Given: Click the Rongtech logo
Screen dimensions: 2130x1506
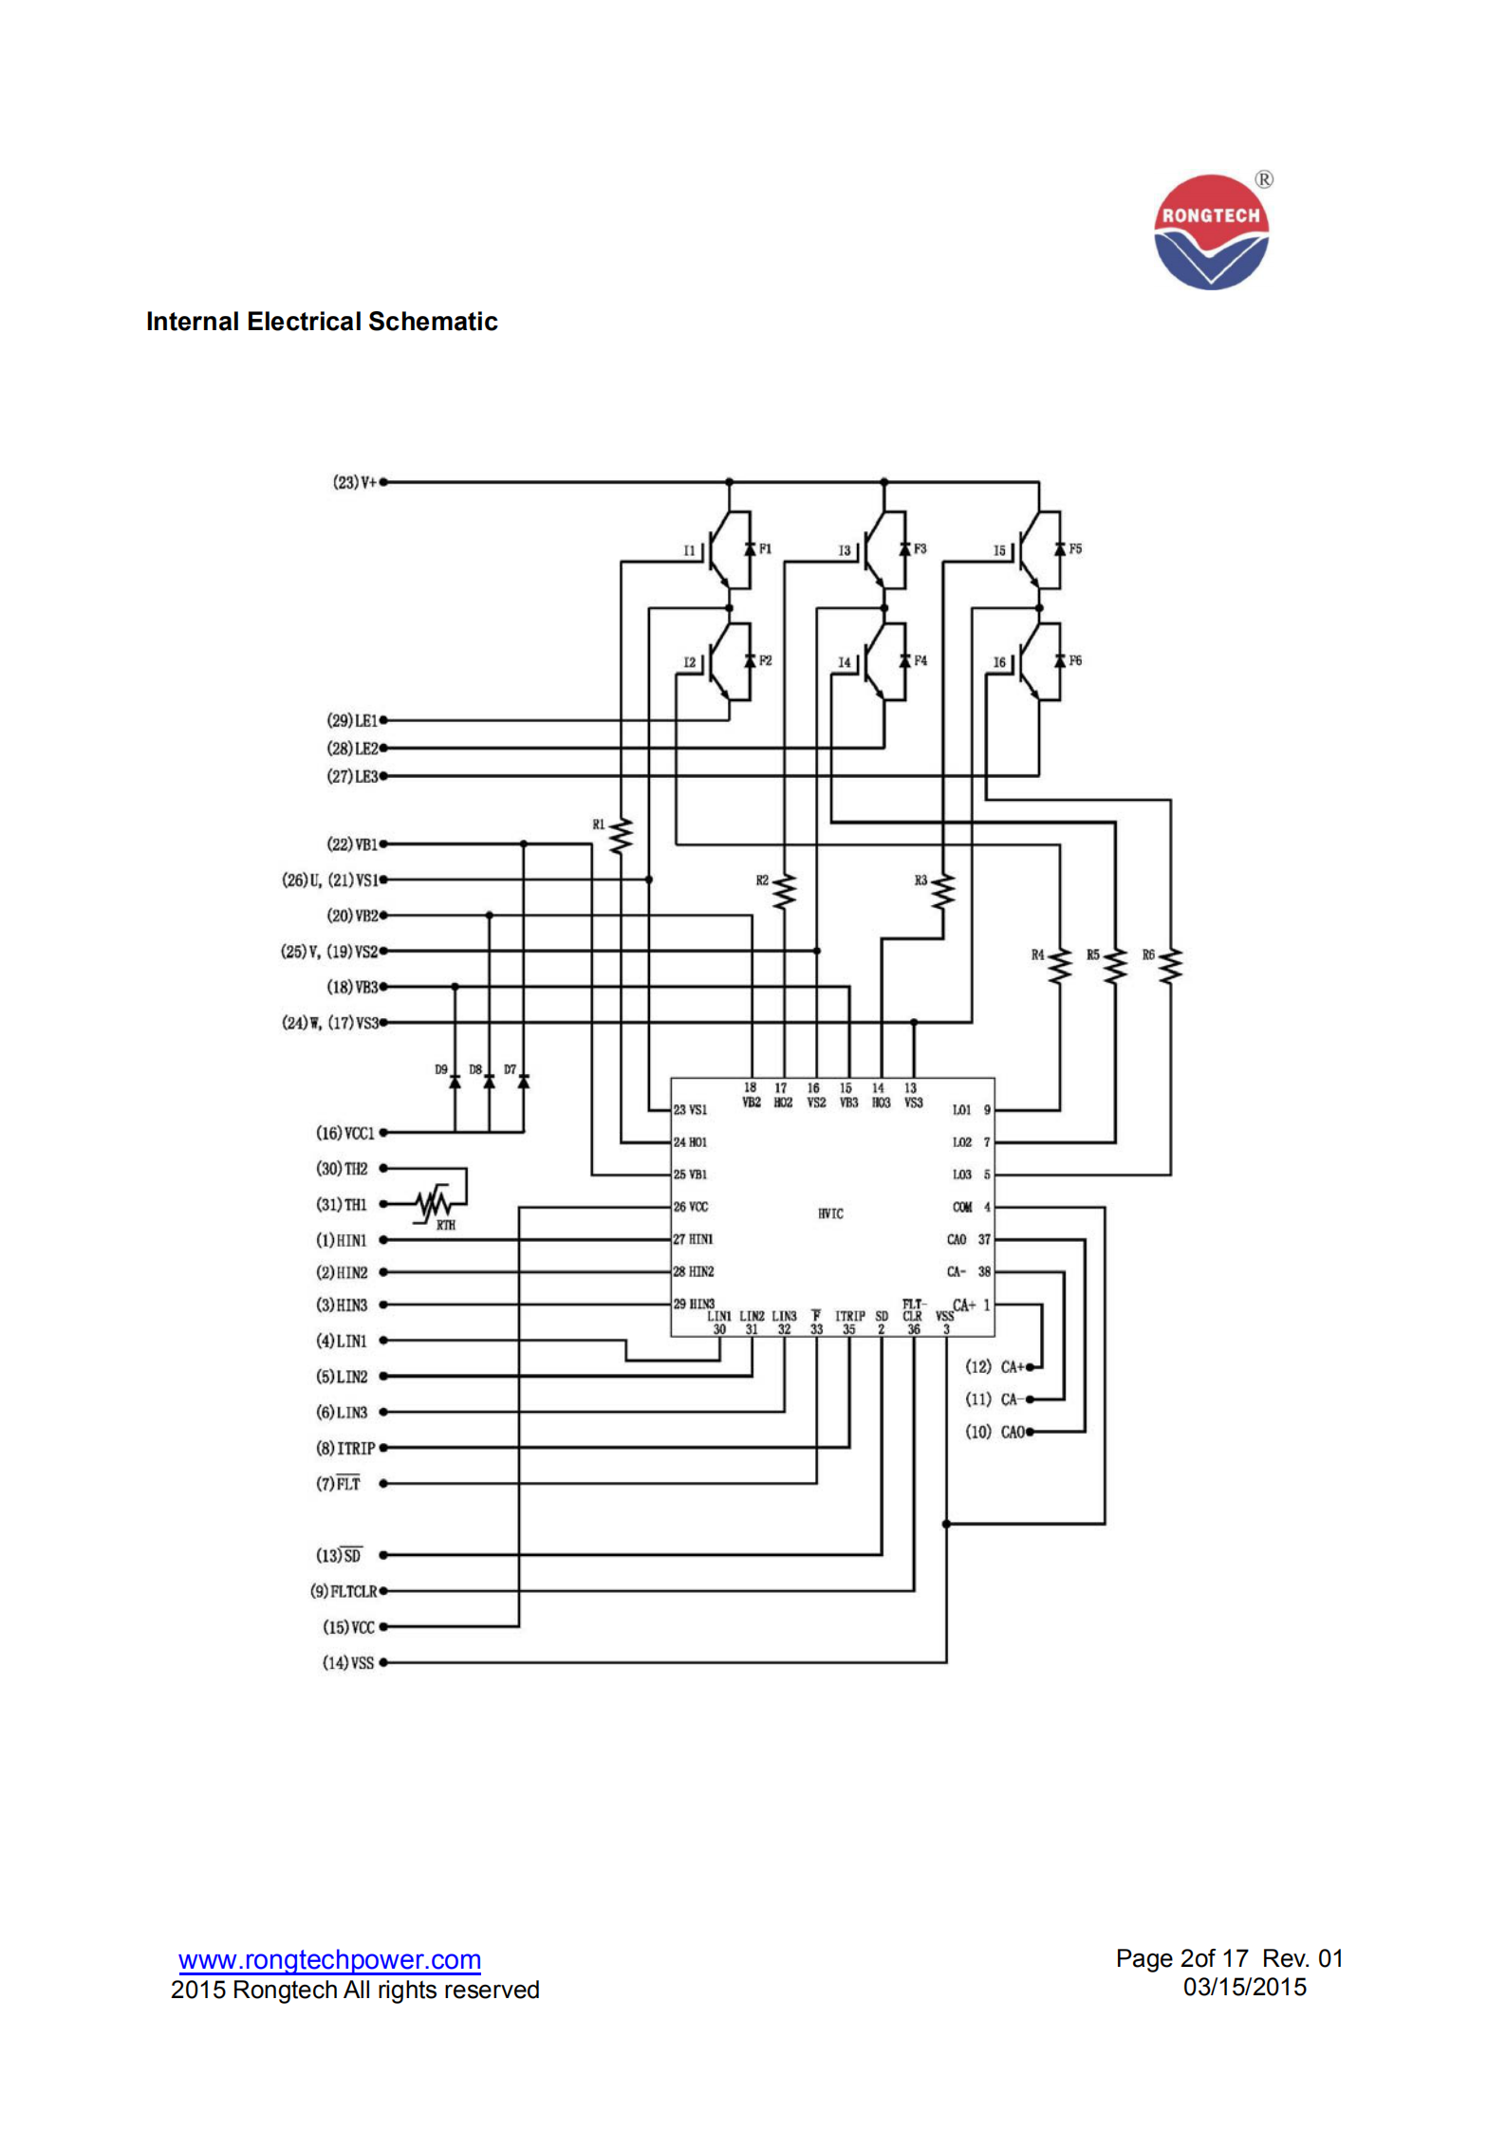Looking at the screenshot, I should click(1211, 232).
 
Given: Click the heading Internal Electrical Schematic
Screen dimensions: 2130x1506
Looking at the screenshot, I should click(322, 322).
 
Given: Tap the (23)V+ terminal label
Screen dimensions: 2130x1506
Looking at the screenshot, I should click(355, 482).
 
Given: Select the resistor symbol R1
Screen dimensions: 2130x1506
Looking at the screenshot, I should click(621, 836).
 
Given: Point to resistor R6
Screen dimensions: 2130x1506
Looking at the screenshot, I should click(1170, 965).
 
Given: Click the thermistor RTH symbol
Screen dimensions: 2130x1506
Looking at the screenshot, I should click(435, 1204).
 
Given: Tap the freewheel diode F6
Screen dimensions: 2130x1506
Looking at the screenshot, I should click(1060, 661).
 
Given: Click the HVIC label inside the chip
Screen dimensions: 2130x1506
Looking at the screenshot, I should click(830, 1213).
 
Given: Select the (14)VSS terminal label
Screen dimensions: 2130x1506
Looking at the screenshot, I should click(348, 1662).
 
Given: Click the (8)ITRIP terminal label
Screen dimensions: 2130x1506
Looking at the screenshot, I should click(345, 1448).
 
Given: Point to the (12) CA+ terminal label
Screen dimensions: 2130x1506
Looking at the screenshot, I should click(995, 1366).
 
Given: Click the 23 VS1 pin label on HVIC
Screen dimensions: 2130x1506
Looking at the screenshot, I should click(690, 1109).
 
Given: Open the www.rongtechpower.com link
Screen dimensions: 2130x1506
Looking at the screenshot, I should click(329, 1959).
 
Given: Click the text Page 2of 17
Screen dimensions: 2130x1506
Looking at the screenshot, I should click(1181, 1958).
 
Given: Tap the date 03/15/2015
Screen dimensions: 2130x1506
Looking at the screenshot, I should click(1244, 1987).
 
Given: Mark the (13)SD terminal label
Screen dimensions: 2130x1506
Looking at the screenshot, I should click(339, 1555).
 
